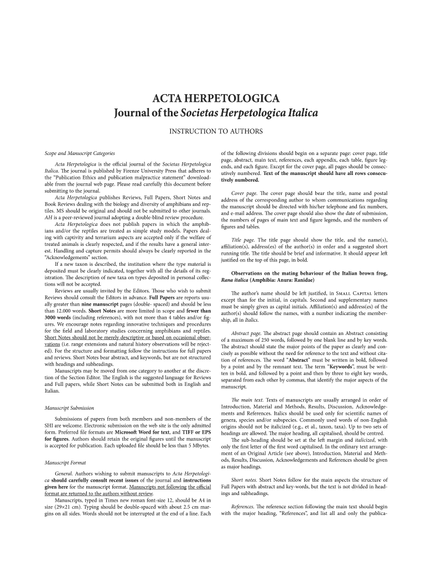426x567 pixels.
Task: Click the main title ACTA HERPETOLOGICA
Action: pos(212,99)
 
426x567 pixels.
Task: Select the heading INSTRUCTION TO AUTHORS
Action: pos(212,131)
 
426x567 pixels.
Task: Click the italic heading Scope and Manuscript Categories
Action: pos(80,152)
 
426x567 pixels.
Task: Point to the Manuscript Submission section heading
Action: pos(69,408)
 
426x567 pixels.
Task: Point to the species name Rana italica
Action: pos(235,280)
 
